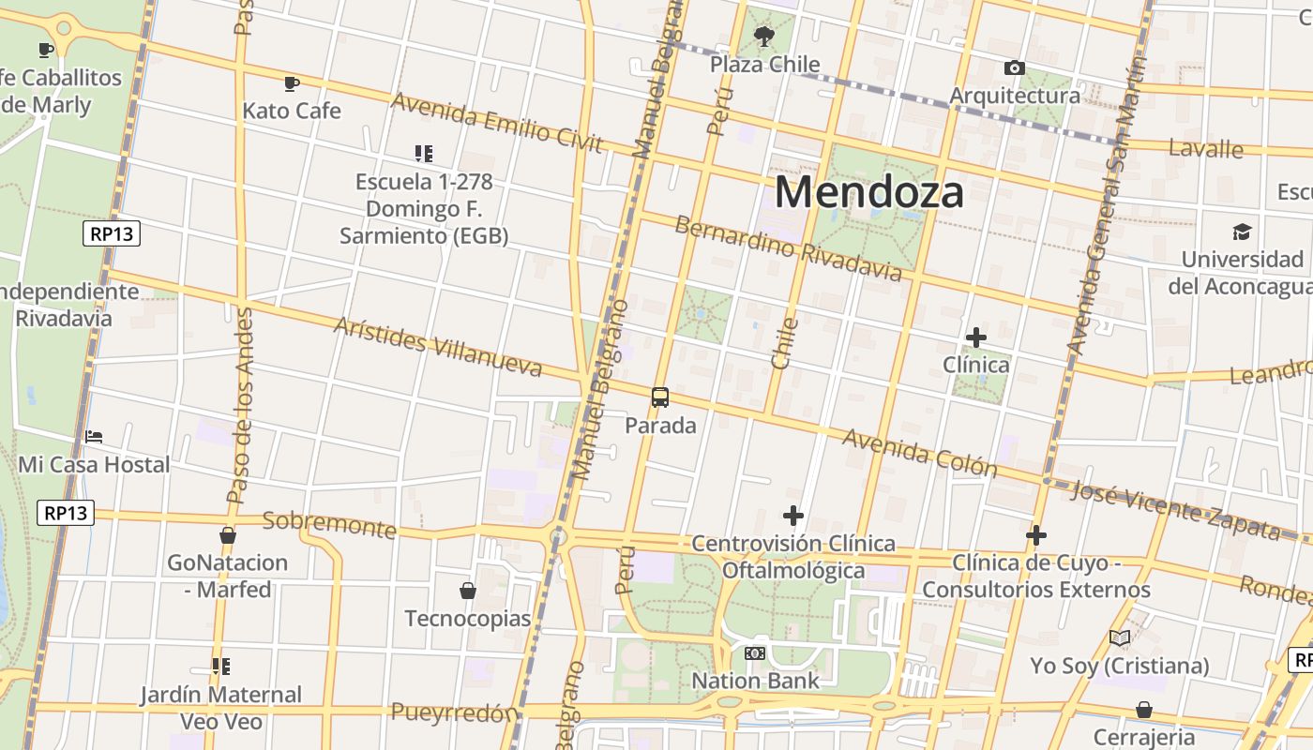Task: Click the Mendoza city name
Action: pyautogui.click(x=869, y=192)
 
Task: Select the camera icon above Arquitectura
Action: pyautogui.click(x=1014, y=67)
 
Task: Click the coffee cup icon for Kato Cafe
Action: pyautogui.click(x=292, y=83)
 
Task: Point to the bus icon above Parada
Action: pyautogui.click(x=660, y=397)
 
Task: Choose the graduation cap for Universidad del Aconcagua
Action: pyautogui.click(x=1243, y=232)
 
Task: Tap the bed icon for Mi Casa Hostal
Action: pyautogui.click(x=94, y=436)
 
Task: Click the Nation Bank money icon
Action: pyautogui.click(x=755, y=652)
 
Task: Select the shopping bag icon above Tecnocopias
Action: pyautogui.click(x=468, y=591)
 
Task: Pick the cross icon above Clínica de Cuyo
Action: pyautogui.click(x=1036, y=535)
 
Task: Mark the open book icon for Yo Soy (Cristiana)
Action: pyautogui.click(x=1120, y=638)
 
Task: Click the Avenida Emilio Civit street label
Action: pyautogui.click(x=496, y=122)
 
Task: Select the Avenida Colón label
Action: pyautogui.click(x=919, y=452)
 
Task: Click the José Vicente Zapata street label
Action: pyautogui.click(x=1176, y=511)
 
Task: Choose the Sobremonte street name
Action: pyautogui.click(x=329, y=525)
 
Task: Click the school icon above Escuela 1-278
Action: pyautogui.click(x=424, y=153)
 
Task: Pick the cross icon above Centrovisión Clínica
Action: pyautogui.click(x=793, y=516)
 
